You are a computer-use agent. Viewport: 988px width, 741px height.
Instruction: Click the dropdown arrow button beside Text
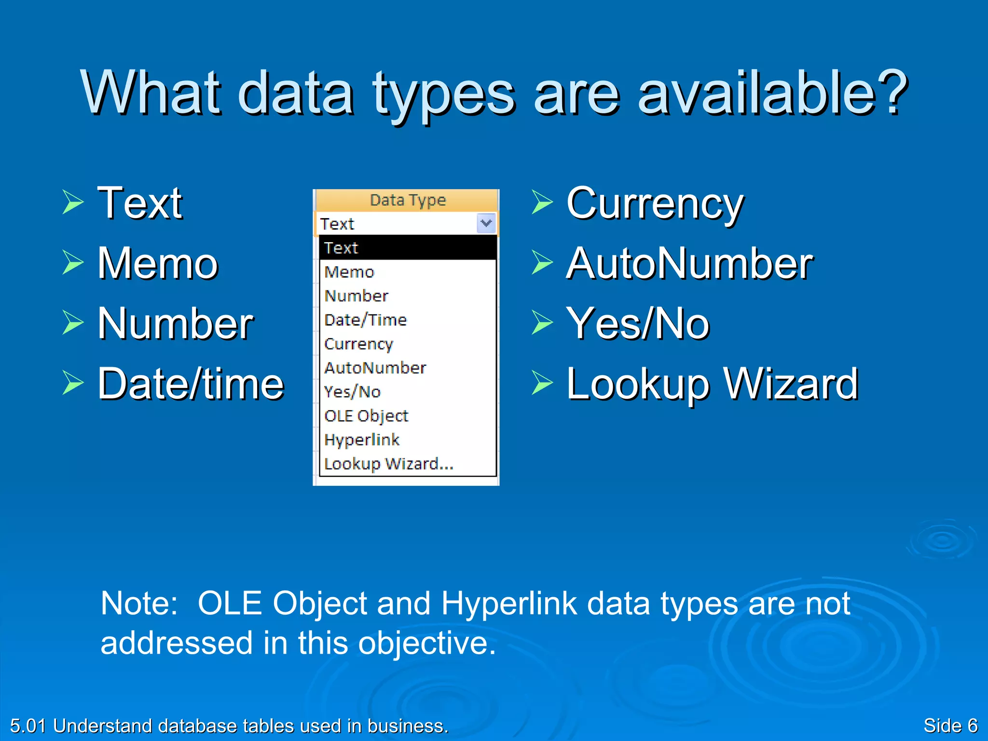486,223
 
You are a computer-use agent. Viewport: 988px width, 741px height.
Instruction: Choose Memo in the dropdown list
349,272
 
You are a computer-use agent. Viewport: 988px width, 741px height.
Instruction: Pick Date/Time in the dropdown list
366,320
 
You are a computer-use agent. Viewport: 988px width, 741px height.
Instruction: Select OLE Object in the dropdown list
366,416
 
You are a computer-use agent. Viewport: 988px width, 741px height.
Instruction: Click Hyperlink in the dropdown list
362,439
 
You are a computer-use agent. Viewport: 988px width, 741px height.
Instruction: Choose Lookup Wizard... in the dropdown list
389,464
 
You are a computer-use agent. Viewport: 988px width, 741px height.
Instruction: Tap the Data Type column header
407,200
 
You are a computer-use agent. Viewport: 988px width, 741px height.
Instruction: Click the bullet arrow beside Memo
73,262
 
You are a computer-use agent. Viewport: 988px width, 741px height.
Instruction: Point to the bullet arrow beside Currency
542,202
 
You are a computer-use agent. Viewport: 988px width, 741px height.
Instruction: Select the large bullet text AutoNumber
689,263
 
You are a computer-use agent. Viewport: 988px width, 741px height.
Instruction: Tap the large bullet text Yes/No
638,324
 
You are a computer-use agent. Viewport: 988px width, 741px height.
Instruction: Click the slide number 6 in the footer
972,726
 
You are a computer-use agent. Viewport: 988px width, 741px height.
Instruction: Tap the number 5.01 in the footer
28,726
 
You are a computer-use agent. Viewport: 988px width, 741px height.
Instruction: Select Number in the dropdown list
356,296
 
